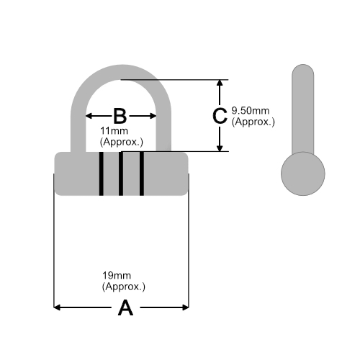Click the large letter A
[x=125, y=307]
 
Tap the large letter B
[x=120, y=116]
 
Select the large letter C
[x=220, y=116]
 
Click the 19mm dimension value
[x=117, y=276]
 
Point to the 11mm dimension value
[x=114, y=131]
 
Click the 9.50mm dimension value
[x=251, y=111]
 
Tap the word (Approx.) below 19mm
[x=124, y=287]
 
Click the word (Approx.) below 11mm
[x=122, y=142]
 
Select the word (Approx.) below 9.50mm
[x=253, y=122]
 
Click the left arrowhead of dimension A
[x=57, y=307]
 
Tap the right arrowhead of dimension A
[x=186, y=307]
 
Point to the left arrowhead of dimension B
[x=89, y=116]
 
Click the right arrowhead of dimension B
[x=153, y=116]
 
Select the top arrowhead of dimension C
[x=220, y=83]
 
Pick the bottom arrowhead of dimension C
[x=220, y=148]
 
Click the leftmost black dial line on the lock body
[x=102, y=174]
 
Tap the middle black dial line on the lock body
[x=121, y=174]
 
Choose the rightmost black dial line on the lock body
[x=142, y=174]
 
